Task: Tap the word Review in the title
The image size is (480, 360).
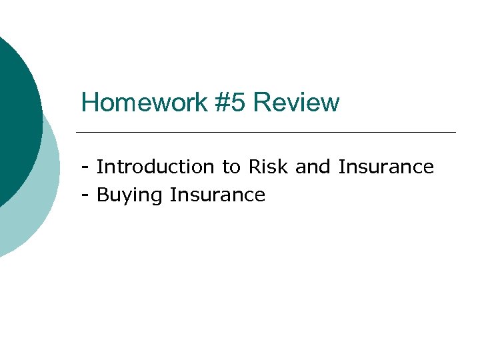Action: [x=297, y=103]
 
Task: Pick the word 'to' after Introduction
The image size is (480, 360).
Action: [x=231, y=167]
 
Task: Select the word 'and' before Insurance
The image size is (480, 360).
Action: [x=313, y=167]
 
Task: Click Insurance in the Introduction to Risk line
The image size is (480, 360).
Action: [x=386, y=167]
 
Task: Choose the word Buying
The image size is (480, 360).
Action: [x=131, y=195]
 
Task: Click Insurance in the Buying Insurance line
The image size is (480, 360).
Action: [x=218, y=195]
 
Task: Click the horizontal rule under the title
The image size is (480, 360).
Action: [x=267, y=132]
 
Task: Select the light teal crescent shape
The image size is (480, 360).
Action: [x=40, y=200]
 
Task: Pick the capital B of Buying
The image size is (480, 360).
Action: [x=103, y=195]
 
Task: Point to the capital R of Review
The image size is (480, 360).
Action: [x=262, y=103]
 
